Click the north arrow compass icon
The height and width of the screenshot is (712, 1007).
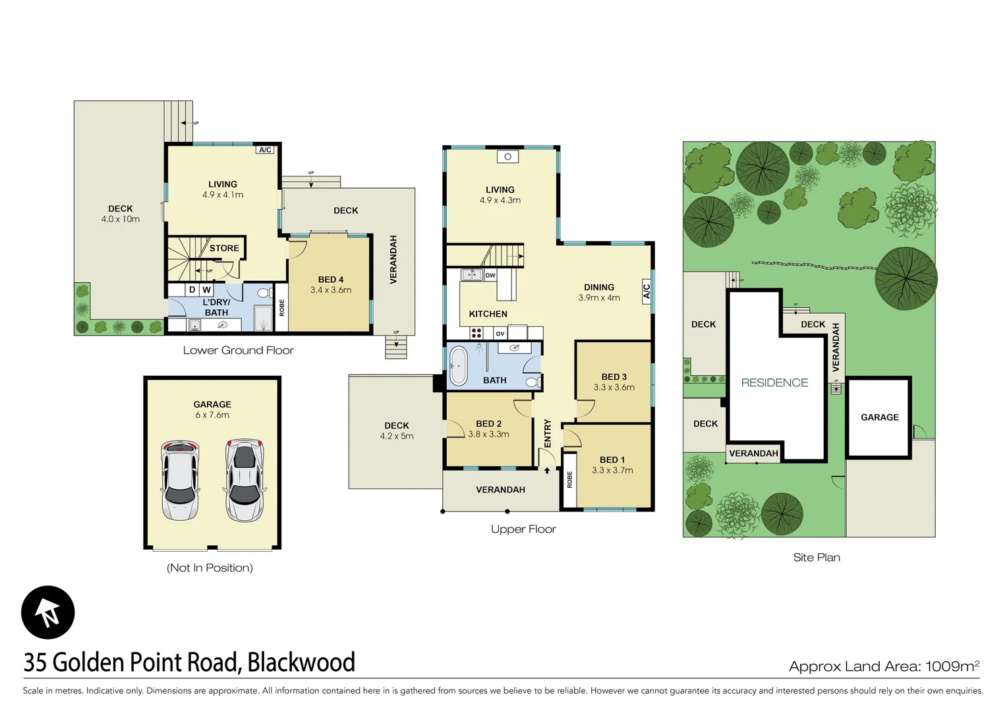pyautogui.click(x=48, y=612)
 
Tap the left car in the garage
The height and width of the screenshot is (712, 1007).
pyautogui.click(x=179, y=480)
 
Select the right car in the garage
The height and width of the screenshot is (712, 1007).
pyautogui.click(x=245, y=480)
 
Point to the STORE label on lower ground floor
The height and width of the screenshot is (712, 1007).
pyautogui.click(x=224, y=249)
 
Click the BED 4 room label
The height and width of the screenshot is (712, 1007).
pyautogui.click(x=331, y=280)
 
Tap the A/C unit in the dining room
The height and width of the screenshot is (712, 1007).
pyautogui.click(x=647, y=291)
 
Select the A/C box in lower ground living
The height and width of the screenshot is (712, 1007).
pyautogui.click(x=265, y=150)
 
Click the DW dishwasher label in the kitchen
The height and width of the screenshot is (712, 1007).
pyautogui.click(x=490, y=275)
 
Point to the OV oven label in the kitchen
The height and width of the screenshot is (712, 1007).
pyautogui.click(x=500, y=334)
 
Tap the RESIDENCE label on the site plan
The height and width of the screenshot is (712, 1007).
pyautogui.click(x=774, y=382)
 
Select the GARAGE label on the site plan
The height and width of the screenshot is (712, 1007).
pyautogui.click(x=879, y=417)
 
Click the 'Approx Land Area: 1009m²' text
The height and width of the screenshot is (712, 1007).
pyautogui.click(x=884, y=666)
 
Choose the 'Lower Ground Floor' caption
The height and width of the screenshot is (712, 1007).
pyautogui.click(x=238, y=350)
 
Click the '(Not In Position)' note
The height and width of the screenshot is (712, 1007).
pyautogui.click(x=210, y=568)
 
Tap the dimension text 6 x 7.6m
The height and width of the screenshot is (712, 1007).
pyautogui.click(x=212, y=415)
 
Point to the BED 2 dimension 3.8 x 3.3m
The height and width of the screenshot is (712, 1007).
pyautogui.click(x=488, y=434)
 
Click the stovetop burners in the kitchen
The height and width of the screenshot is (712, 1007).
pyautogui.click(x=476, y=334)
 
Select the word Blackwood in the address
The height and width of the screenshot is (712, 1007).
pyautogui.click(x=301, y=662)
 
